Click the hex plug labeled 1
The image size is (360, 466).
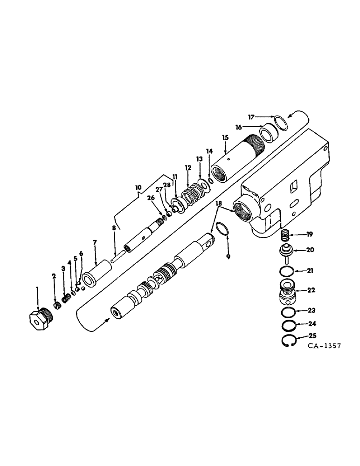pyautogui.click(x=40, y=321)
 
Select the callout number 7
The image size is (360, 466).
pyautogui.click(x=95, y=242)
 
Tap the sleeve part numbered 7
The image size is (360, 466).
pyautogui.click(x=99, y=270)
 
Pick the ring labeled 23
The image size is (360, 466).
pyautogui.click(x=288, y=312)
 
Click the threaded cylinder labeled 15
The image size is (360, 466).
pyautogui.click(x=238, y=158)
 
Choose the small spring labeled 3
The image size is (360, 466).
pyautogui.click(x=66, y=296)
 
